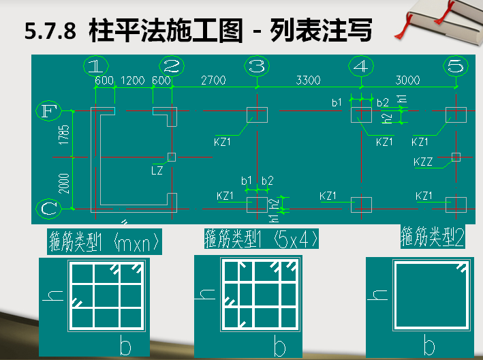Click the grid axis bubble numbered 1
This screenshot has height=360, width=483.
pos(97,66)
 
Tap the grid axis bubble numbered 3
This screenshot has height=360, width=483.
pos(257,66)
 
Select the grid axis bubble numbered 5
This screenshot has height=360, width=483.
pos(456,66)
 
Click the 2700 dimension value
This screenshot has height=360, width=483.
pos(213,80)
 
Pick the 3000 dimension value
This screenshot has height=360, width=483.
pos(407,80)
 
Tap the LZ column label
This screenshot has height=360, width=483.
pos(157,170)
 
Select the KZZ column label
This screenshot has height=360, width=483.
pos(423,162)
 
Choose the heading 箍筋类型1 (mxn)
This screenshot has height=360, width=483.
pos(104,241)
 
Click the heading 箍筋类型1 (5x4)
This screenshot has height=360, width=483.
pos(262,239)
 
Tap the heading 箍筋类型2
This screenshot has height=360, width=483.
pos(433,237)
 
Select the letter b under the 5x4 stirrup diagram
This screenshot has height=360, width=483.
pos(280,348)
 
